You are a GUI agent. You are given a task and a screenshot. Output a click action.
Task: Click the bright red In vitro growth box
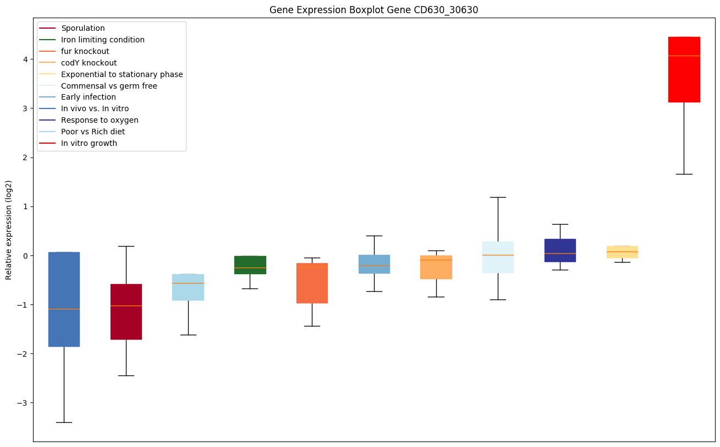click(x=684, y=69)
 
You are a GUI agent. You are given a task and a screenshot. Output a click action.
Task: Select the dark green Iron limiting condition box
click(x=250, y=265)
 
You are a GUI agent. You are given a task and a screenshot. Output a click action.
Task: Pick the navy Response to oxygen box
click(x=560, y=250)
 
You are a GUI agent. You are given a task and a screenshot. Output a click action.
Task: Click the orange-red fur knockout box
click(x=312, y=283)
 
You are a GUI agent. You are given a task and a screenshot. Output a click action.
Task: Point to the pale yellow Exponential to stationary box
click(x=622, y=252)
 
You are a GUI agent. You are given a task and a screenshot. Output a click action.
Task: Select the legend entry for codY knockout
click(x=89, y=63)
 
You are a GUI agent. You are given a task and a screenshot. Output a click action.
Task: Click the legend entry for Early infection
click(x=88, y=97)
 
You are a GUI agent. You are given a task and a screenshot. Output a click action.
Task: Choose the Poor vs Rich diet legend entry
click(x=92, y=132)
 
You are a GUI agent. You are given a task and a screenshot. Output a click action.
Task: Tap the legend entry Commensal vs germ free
click(x=109, y=86)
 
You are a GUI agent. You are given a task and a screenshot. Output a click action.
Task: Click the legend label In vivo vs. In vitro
click(x=95, y=109)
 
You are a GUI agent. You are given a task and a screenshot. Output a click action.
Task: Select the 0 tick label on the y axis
click(x=25, y=256)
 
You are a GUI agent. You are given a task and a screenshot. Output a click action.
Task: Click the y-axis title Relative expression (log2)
click(x=9, y=230)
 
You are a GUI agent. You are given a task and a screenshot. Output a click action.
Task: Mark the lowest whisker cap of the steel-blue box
click(x=64, y=422)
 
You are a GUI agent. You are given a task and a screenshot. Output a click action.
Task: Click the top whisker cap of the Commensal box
click(x=498, y=197)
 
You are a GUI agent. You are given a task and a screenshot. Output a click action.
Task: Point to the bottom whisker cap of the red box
click(x=684, y=174)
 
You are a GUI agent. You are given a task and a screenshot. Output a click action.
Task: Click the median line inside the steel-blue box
click(x=64, y=309)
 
